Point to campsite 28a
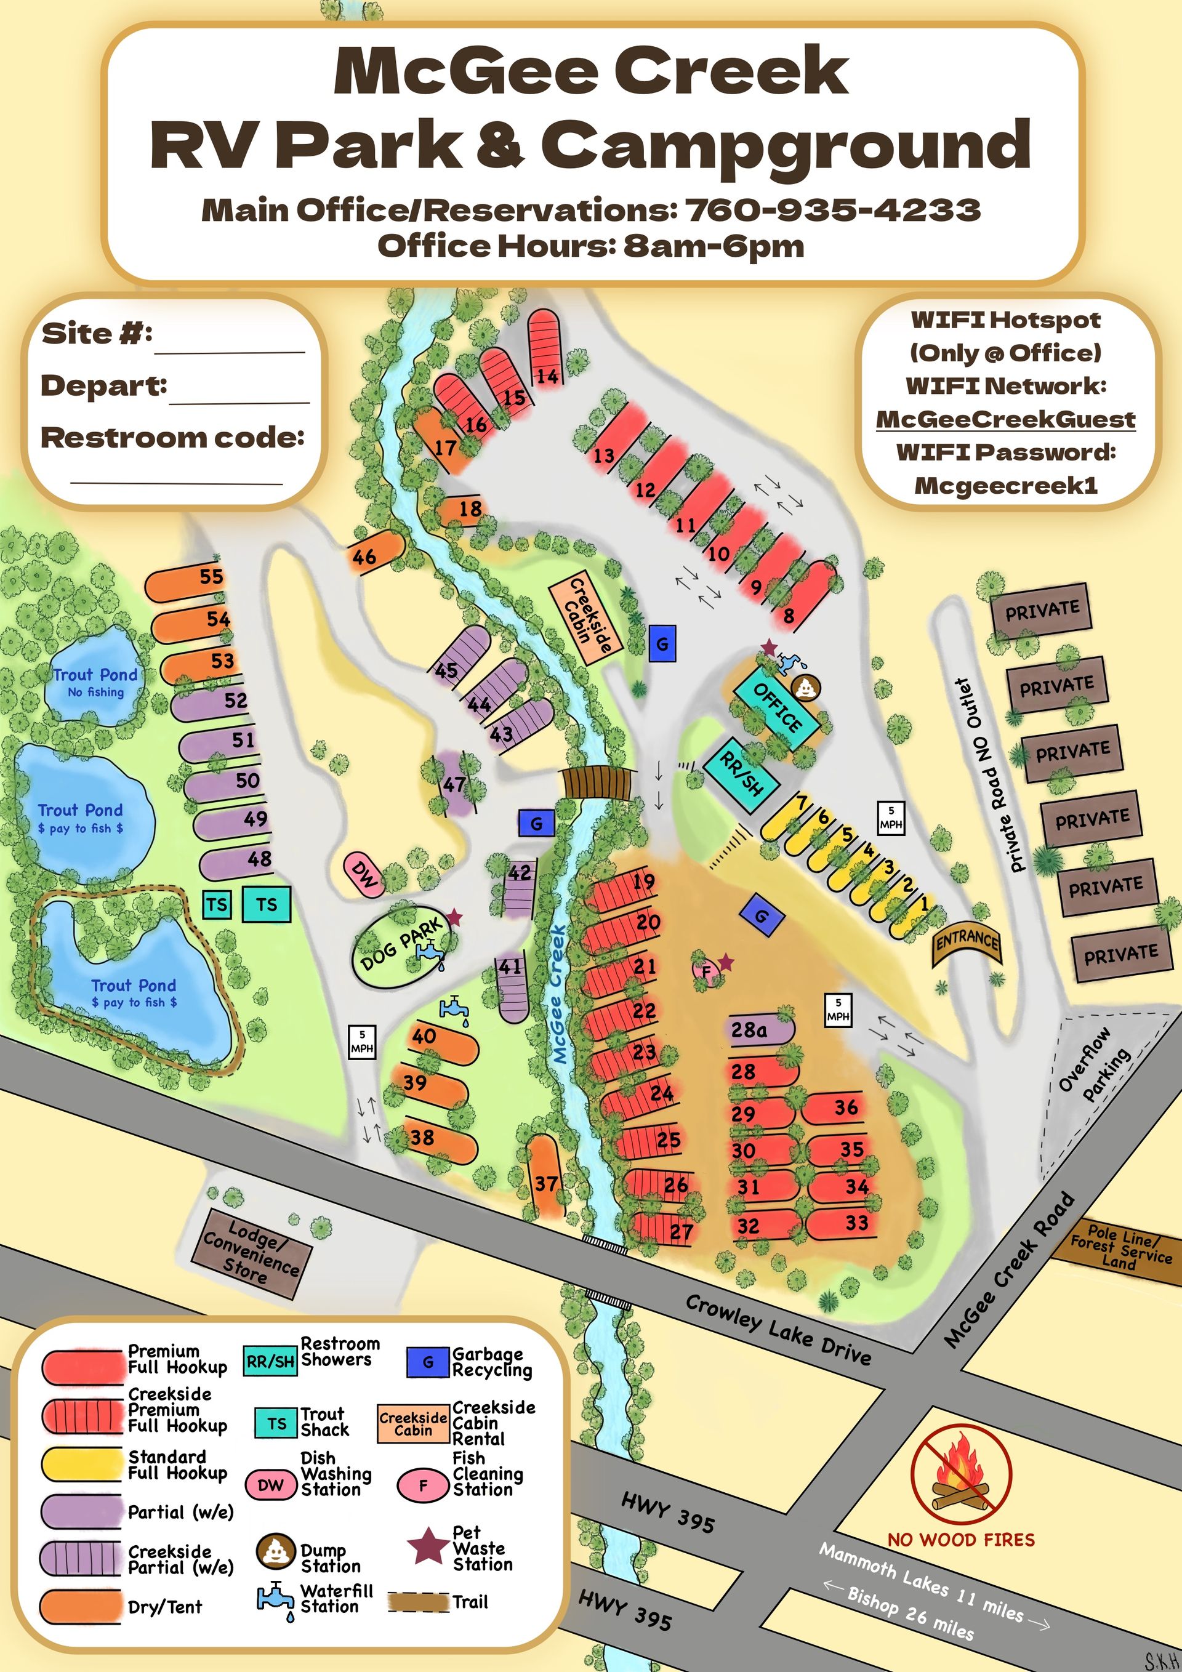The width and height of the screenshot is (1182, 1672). (x=760, y=1031)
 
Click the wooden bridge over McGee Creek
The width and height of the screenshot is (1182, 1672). (x=598, y=784)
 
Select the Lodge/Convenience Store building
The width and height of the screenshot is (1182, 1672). (x=251, y=1255)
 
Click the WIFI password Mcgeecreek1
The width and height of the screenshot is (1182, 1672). (x=1005, y=485)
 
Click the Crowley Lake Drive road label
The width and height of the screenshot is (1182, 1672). (x=777, y=1329)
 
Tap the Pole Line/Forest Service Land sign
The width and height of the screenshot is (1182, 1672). (x=1120, y=1249)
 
